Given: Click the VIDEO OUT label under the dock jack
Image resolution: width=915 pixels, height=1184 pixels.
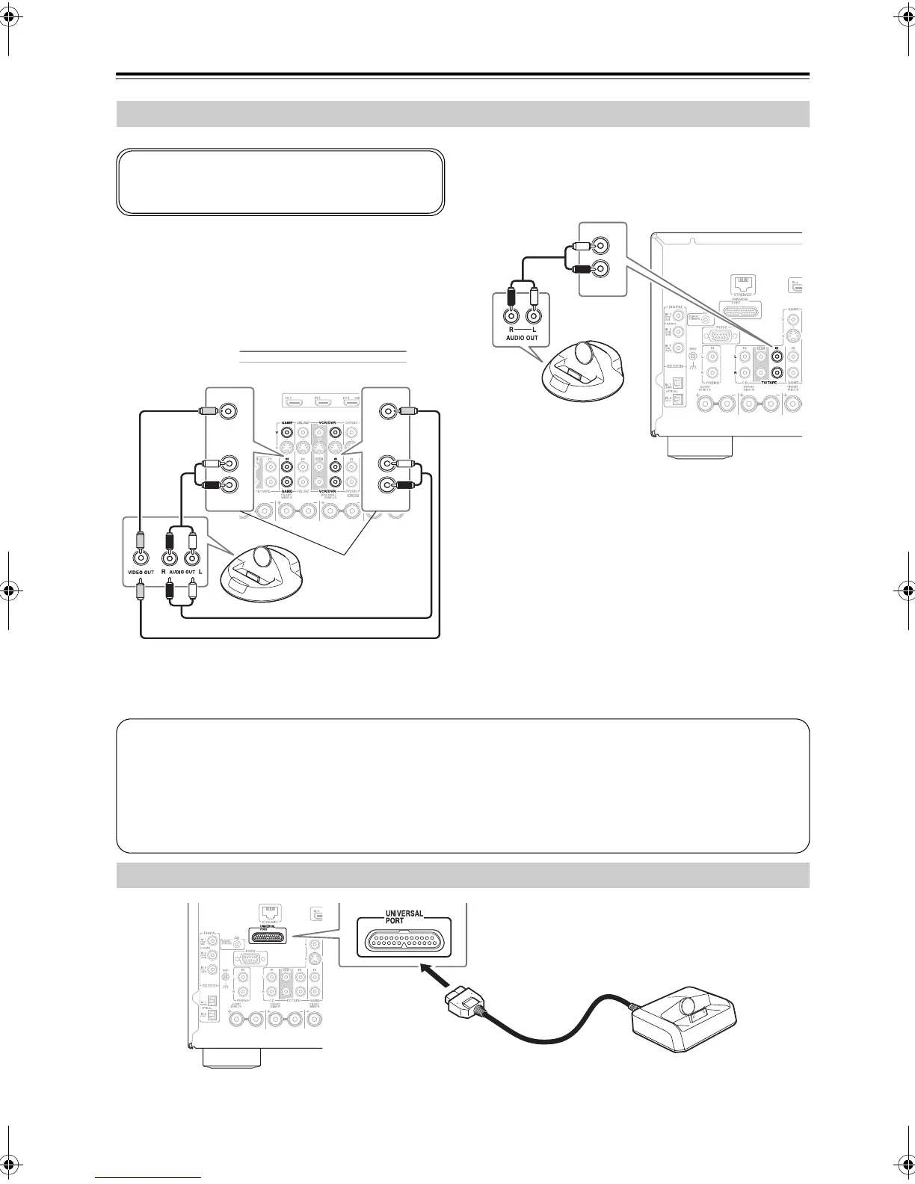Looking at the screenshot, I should click(140, 572).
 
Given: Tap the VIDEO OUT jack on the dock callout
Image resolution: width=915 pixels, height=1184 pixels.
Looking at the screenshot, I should click(141, 557).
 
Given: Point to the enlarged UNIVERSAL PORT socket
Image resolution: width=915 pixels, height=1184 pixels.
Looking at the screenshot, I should click(403, 943).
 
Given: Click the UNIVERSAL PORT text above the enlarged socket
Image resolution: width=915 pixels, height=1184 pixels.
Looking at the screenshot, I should click(404, 917).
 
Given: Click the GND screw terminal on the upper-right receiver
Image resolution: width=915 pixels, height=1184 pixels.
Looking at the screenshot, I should click(694, 356).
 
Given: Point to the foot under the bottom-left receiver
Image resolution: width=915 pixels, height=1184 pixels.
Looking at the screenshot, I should click(231, 1058).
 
